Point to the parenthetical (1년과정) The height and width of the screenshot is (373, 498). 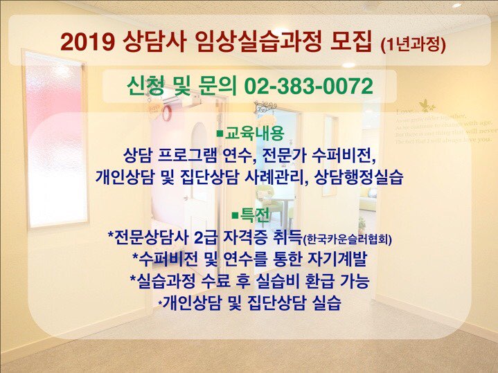pyautogui.click(x=413, y=44)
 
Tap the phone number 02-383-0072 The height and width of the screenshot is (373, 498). pyautogui.click(x=309, y=86)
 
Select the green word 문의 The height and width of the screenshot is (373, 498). pyautogui.click(x=216, y=86)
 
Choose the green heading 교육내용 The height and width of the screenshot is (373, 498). pyautogui.click(x=251, y=131)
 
